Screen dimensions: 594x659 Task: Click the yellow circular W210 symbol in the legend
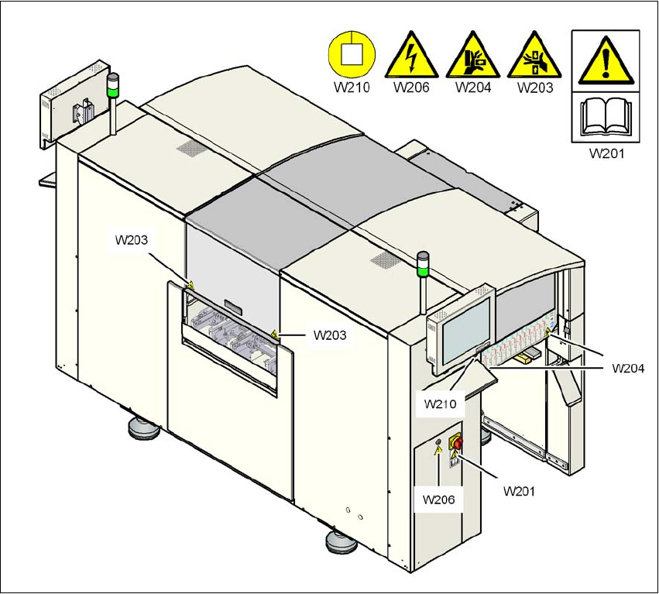pos(352,55)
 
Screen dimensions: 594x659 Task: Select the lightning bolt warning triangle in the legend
pos(412,56)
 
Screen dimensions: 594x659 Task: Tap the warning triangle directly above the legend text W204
pos(473,56)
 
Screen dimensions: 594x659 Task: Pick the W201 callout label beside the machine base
pos(520,490)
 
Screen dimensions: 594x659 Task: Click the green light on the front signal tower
pos(423,271)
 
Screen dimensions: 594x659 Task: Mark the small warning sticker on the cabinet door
pos(439,450)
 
